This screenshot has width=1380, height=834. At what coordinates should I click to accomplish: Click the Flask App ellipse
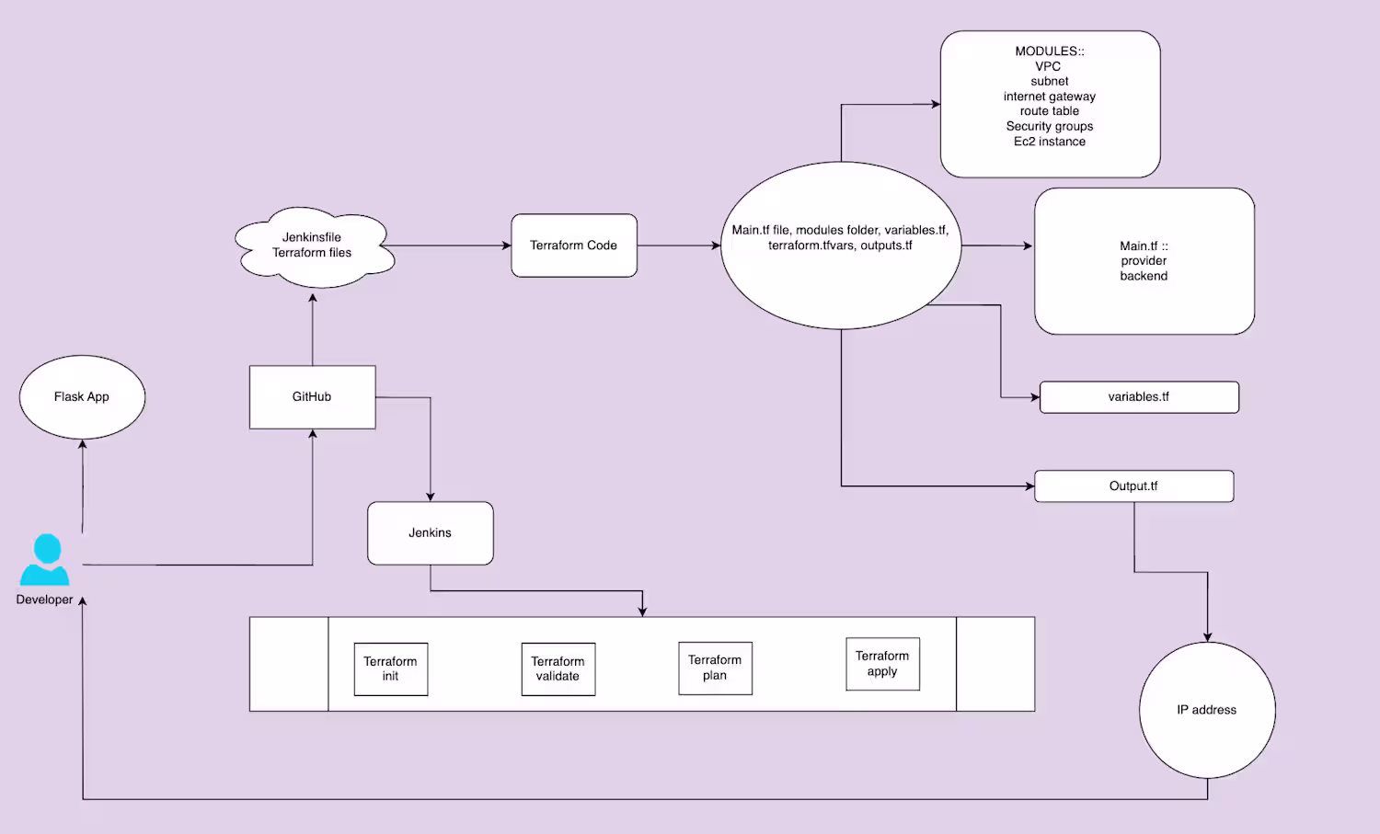click(x=82, y=397)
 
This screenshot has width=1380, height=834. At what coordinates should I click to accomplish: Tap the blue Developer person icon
click(x=45, y=560)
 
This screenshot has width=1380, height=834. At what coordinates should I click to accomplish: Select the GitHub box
click(x=312, y=397)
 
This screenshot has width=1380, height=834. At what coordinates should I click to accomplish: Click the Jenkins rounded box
click(x=430, y=533)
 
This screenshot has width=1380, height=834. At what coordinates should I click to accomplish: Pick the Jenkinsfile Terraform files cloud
click(x=313, y=246)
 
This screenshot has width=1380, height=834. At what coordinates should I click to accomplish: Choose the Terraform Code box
click(x=573, y=246)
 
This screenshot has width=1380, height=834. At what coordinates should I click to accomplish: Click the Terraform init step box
click(x=390, y=669)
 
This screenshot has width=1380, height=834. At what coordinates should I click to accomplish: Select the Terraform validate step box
click(x=558, y=669)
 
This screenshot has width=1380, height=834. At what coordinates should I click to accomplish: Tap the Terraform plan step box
click(x=715, y=668)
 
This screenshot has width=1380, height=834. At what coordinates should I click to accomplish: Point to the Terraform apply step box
click(x=882, y=664)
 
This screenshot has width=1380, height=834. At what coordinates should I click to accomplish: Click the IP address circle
click(x=1206, y=710)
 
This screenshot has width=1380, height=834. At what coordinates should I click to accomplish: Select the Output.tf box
click(x=1133, y=486)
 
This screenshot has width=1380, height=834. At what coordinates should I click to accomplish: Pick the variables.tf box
click(x=1138, y=397)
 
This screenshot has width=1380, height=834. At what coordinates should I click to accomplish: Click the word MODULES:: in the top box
click(x=1050, y=51)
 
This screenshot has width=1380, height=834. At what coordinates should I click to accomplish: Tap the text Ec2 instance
click(x=1050, y=142)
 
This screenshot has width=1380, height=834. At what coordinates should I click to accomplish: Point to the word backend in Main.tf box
click(x=1144, y=276)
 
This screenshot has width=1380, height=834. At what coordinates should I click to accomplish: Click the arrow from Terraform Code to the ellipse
click(x=679, y=246)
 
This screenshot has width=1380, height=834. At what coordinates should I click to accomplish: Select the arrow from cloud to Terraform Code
click(x=451, y=246)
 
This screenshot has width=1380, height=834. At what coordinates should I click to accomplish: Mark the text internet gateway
click(x=1050, y=97)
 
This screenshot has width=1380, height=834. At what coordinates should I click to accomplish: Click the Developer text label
click(x=44, y=600)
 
